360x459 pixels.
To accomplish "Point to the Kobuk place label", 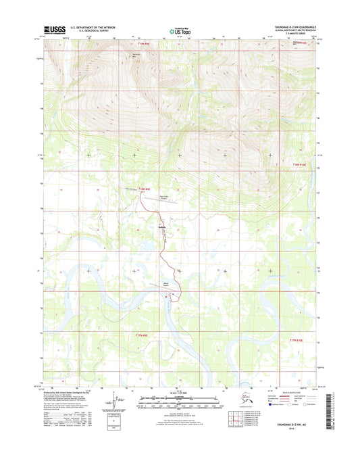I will point(161,226).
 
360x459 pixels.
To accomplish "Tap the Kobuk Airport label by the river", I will point(166,285).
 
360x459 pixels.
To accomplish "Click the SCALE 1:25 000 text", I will point(179,393).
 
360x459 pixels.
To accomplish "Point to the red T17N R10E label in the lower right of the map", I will point(299,341).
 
